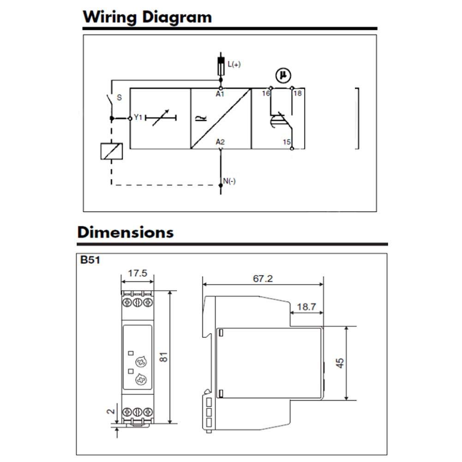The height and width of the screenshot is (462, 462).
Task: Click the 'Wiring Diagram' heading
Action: point(147,17)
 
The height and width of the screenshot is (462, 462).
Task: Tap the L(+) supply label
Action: point(234,64)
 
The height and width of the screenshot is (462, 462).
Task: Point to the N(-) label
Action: point(229,181)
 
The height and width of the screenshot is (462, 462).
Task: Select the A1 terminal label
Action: point(220,94)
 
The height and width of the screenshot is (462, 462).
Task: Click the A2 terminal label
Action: point(220,142)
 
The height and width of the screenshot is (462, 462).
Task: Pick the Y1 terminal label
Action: point(138,117)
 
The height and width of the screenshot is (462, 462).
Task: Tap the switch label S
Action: point(119,97)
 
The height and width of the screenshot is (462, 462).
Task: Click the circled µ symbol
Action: point(283,75)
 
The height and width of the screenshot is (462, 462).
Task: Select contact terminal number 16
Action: point(266,93)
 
